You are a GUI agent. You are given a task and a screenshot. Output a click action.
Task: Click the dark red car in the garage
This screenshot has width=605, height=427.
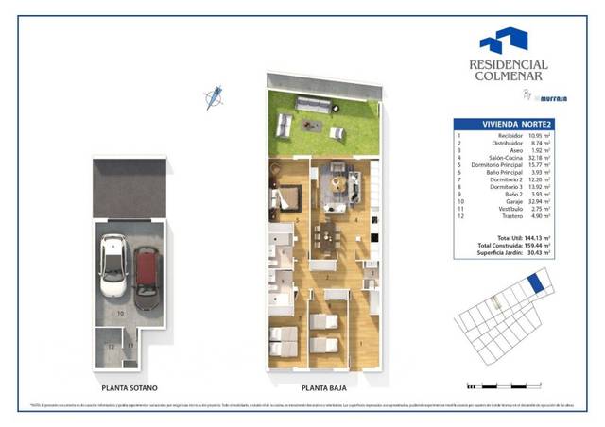(146, 274)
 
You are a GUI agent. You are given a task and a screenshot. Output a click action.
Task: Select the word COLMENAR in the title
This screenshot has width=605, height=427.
(509, 78)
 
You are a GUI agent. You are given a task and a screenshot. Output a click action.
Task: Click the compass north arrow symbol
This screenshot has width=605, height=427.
(215, 95)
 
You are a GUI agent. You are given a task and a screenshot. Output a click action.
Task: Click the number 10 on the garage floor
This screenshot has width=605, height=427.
(120, 312)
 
